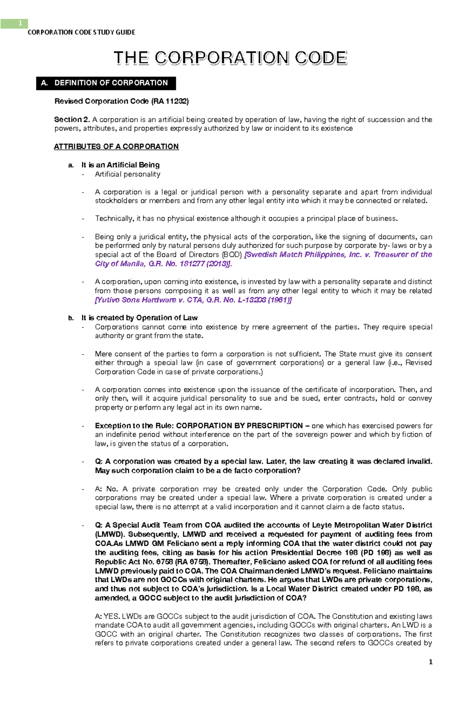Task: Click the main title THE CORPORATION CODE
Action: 230,58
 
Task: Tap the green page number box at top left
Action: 14,24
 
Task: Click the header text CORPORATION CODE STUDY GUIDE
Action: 81,33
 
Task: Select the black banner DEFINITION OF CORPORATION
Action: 106,83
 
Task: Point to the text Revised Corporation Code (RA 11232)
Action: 122,101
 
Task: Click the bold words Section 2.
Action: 72,120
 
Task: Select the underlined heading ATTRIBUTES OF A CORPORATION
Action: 116,147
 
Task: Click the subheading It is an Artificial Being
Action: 120,165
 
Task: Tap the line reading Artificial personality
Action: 128,174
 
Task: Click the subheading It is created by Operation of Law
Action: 139,318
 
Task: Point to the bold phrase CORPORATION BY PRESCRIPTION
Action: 239,426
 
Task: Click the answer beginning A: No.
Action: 107,489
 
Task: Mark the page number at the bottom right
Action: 431,662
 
